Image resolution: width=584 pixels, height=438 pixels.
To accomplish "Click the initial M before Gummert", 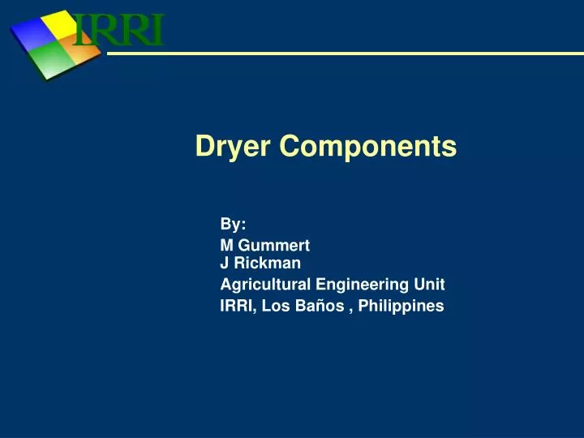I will (226, 245).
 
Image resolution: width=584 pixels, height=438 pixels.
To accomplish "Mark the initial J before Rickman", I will (225, 263).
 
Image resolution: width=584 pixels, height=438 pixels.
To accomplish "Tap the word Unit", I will (430, 284).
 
